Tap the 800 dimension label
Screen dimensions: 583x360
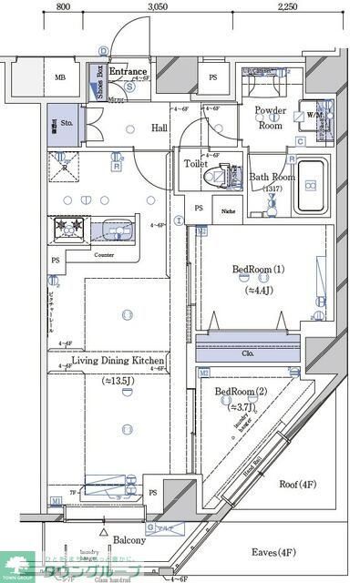63,6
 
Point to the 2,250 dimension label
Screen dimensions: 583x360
286,6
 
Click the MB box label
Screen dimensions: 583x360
60,78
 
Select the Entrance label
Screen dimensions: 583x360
129,71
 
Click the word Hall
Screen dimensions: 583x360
159,128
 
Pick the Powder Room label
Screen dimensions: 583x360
270,118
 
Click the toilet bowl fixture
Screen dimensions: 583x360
216,176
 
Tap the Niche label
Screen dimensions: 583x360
227,210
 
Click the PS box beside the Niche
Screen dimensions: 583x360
199,209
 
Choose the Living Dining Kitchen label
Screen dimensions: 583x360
118,362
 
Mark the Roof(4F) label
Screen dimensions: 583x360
297,484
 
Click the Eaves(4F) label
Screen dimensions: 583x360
274,552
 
